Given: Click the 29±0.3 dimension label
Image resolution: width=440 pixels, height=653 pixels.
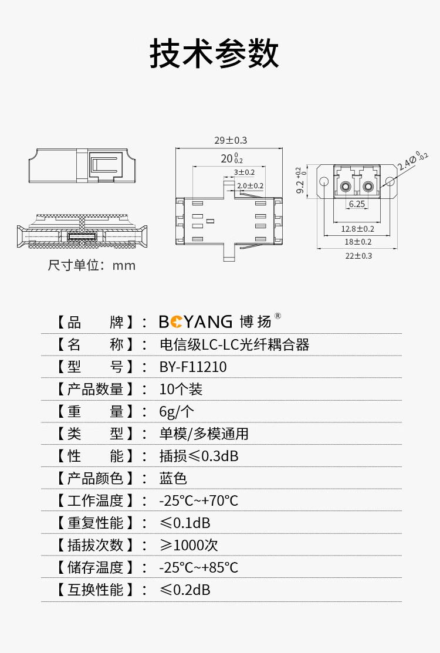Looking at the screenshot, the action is pyautogui.click(x=231, y=140).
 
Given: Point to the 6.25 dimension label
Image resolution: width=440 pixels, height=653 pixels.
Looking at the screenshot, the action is pyautogui.click(x=357, y=204).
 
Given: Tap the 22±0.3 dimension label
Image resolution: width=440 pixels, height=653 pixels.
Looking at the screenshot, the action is pyautogui.click(x=358, y=256).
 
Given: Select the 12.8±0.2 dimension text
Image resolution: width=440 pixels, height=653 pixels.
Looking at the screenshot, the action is pyautogui.click(x=358, y=229).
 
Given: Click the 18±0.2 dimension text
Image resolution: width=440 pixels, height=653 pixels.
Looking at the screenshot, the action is pyautogui.click(x=358, y=242).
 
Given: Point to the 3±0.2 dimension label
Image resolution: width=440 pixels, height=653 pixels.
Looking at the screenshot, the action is pyautogui.click(x=244, y=172).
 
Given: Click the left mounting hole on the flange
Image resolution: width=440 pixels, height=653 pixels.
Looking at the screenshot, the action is pyautogui.click(x=324, y=181).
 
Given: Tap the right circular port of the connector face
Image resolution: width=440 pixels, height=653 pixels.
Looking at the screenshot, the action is pyautogui.click(x=368, y=186).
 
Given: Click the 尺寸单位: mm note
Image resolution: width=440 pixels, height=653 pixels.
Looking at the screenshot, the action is pyautogui.click(x=92, y=265).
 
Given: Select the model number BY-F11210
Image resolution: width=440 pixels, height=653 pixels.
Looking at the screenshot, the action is pyautogui.click(x=193, y=367).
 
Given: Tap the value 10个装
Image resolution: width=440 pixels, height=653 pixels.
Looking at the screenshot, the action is pyautogui.click(x=181, y=390).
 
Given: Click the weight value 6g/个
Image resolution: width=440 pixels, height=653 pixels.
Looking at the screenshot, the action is pyautogui.click(x=177, y=411).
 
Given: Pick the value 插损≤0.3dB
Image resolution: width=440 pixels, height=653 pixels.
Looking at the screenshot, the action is pyautogui.click(x=199, y=456).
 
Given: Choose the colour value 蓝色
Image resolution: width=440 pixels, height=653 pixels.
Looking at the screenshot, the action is pyautogui.click(x=173, y=478).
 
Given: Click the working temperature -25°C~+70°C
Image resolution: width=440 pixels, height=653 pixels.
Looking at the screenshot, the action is pyautogui.click(x=198, y=500).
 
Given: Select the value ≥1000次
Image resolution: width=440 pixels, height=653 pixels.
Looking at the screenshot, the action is pyautogui.click(x=188, y=545).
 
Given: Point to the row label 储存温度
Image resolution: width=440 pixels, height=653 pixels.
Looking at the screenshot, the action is pyautogui.click(x=95, y=567).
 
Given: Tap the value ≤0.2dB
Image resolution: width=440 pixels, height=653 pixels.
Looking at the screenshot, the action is pyautogui.click(x=185, y=590).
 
